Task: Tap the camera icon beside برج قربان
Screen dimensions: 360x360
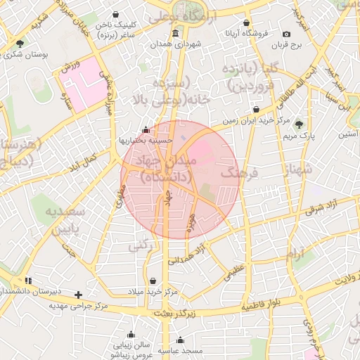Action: click(x=286, y=34)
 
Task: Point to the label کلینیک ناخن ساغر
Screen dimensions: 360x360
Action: click(x=131, y=29)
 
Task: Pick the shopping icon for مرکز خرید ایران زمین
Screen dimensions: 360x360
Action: click(x=255, y=110)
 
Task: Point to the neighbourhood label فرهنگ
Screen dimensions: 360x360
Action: click(x=240, y=172)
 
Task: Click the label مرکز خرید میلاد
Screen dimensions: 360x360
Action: click(x=153, y=291)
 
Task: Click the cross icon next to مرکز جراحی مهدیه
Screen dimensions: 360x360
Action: click(x=78, y=295)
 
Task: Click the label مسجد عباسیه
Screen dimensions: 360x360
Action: click(x=181, y=349)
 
